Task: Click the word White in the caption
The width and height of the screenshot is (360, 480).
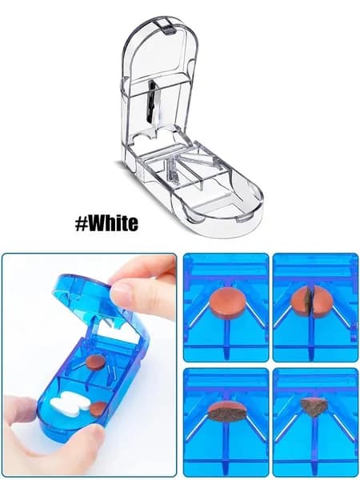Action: pos(114,223)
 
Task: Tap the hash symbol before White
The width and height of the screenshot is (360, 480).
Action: pos(82,224)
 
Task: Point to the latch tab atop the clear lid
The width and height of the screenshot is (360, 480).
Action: pos(168,26)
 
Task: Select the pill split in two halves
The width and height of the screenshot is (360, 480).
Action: pos(312,302)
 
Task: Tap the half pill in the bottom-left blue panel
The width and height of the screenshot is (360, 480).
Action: pos(227,411)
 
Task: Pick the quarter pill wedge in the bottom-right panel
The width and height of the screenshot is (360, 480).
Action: pos(314,406)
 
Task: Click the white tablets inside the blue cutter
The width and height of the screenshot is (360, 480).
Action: pos(70,403)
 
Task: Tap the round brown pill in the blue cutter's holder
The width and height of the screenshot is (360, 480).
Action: pos(95,362)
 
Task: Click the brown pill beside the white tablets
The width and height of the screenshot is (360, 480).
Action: pos(98,409)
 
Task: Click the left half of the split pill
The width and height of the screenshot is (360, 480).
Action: pos(301,302)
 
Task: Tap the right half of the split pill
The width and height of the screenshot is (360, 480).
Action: pos(323,302)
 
